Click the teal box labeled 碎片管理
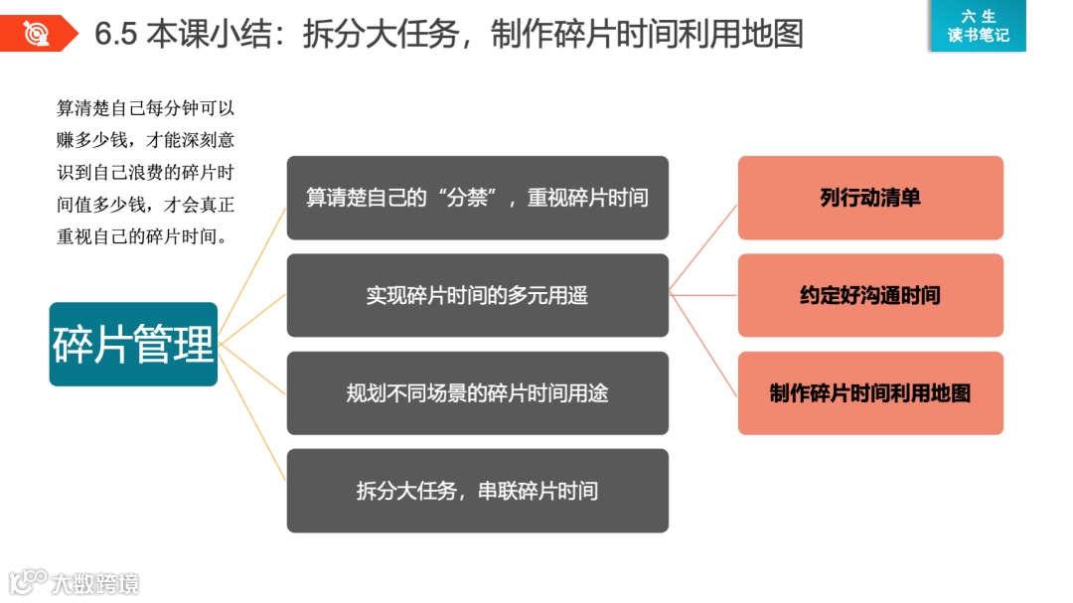click(133, 344)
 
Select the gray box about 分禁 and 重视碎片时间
click(477, 198)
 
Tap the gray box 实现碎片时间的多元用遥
click(477, 295)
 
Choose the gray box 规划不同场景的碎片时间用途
click(477, 392)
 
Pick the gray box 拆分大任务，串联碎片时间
click(477, 490)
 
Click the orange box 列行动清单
click(870, 198)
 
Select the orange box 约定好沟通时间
click(870, 295)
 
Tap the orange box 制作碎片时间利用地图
click(870, 392)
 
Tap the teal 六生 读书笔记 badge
click(978, 26)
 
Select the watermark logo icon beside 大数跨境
click(28, 580)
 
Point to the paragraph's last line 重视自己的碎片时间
click(142, 237)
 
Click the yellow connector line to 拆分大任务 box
click(253, 415)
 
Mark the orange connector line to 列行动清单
click(703, 247)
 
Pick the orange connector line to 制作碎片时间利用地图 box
click(703, 344)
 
